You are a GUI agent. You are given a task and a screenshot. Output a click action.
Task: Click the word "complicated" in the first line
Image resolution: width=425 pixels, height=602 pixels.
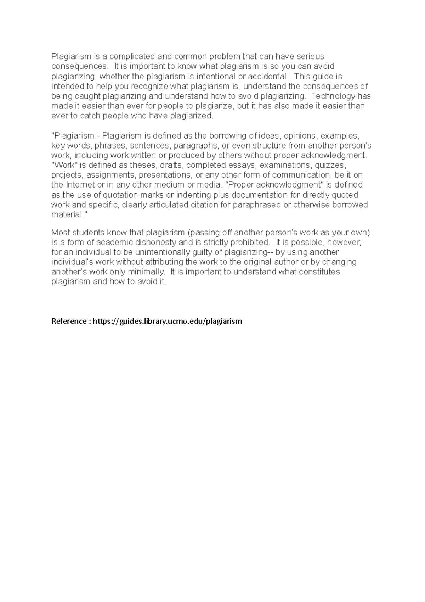coord(132,56)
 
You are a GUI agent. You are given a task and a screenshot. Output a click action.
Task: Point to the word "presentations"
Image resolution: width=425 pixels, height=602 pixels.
coord(164,175)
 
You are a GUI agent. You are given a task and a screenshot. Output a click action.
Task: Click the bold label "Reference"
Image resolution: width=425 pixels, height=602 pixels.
coord(69,321)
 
